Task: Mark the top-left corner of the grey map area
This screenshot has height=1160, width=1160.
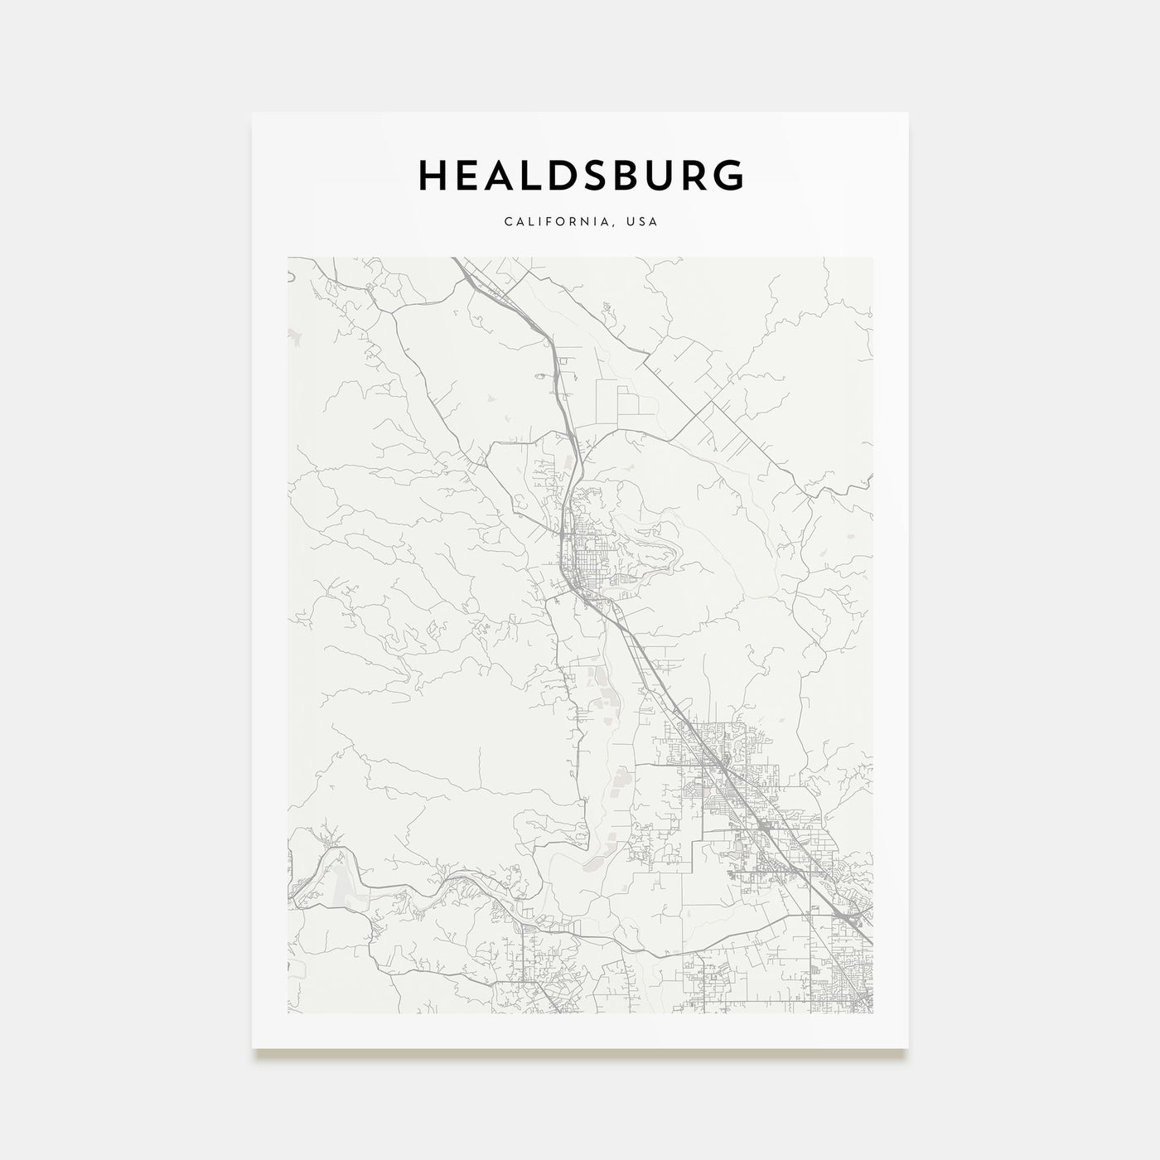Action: (288, 257)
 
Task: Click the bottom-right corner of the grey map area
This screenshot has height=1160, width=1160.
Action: (872, 1013)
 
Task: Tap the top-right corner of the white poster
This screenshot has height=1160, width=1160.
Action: (908, 113)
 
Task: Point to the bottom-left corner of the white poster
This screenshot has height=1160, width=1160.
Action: (253, 1048)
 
